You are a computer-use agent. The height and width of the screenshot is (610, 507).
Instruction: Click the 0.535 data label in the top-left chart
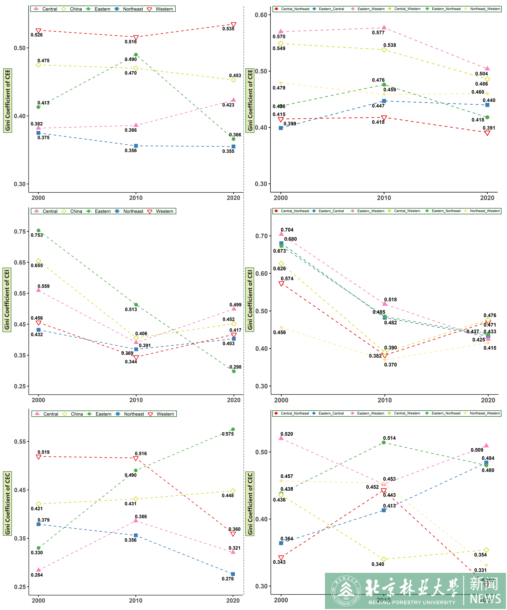(x=228, y=29)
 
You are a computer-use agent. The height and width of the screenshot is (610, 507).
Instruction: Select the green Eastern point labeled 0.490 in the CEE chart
(x=136, y=55)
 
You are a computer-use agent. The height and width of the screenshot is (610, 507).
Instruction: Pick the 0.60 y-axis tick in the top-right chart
(x=261, y=15)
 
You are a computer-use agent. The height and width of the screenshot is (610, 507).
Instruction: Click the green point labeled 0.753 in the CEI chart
(x=38, y=230)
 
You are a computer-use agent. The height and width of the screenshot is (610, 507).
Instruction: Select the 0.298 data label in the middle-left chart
(x=235, y=367)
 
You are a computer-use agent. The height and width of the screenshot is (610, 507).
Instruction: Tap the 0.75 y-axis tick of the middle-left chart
(x=20, y=231)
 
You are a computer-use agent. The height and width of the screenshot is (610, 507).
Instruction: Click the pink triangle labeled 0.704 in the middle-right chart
(x=281, y=234)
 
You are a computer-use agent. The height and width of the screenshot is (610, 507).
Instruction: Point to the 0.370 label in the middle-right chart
(x=390, y=365)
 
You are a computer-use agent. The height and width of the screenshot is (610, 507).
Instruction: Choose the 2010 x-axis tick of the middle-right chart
(x=384, y=400)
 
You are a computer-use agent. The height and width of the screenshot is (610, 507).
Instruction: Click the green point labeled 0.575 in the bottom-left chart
(x=233, y=429)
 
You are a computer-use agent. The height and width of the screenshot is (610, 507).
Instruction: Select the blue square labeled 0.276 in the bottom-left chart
(x=233, y=574)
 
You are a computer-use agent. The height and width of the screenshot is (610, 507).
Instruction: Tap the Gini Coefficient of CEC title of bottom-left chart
(x=7, y=503)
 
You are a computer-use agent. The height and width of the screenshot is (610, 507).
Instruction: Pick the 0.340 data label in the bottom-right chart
(x=378, y=564)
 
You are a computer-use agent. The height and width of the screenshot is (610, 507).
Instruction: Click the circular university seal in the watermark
(x=346, y=591)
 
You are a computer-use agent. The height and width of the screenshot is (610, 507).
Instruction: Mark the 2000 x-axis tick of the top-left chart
(x=38, y=198)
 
